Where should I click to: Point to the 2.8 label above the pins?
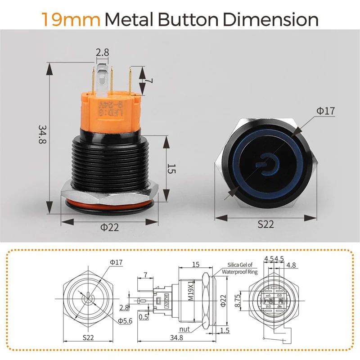point(102,53)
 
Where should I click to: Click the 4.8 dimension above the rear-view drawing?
point(291,265)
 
